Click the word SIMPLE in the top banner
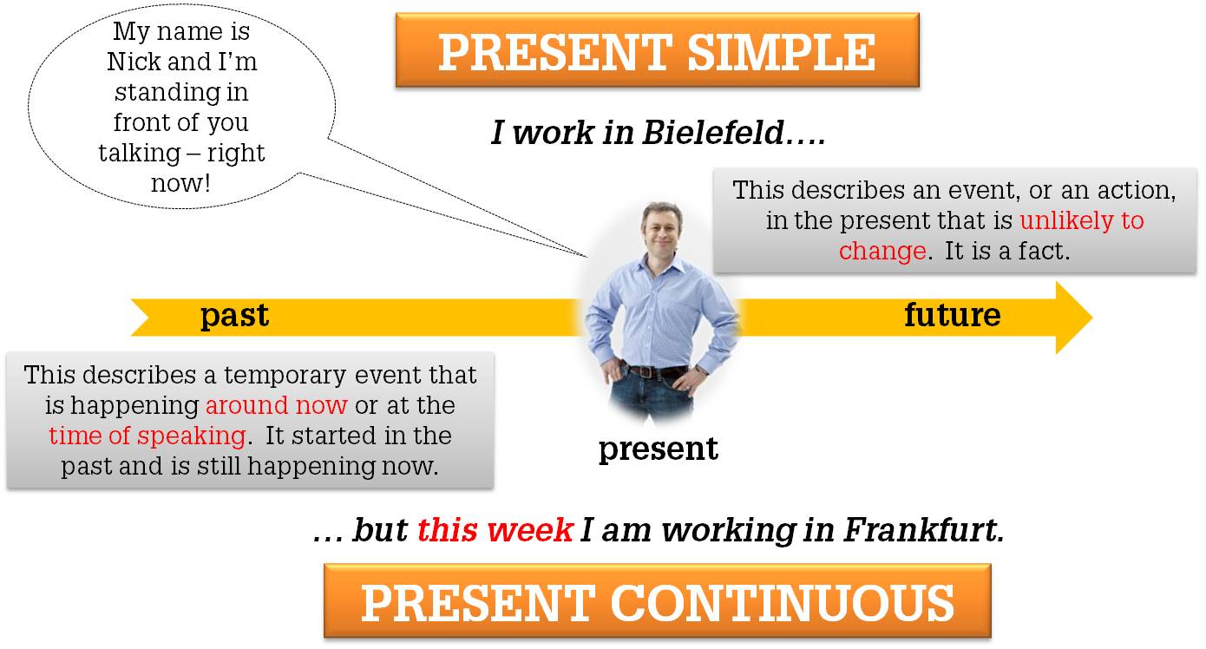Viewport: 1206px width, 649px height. click(x=781, y=52)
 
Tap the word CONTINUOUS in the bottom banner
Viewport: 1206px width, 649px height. click(x=782, y=603)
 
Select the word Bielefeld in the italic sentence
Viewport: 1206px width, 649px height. click(x=713, y=132)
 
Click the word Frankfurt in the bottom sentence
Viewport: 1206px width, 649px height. click(x=923, y=530)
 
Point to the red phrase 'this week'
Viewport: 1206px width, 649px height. click(x=495, y=530)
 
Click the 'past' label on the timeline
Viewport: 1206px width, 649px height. click(x=234, y=316)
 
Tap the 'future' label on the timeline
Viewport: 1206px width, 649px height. click(x=952, y=315)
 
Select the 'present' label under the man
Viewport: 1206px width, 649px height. click(x=658, y=449)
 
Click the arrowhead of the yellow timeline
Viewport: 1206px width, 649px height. click(x=1073, y=318)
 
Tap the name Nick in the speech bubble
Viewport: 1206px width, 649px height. click(x=134, y=62)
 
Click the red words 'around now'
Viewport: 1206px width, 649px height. click(x=276, y=405)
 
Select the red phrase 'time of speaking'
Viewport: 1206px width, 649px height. click(x=147, y=436)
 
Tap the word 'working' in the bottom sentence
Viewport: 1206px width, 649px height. click(x=729, y=531)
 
